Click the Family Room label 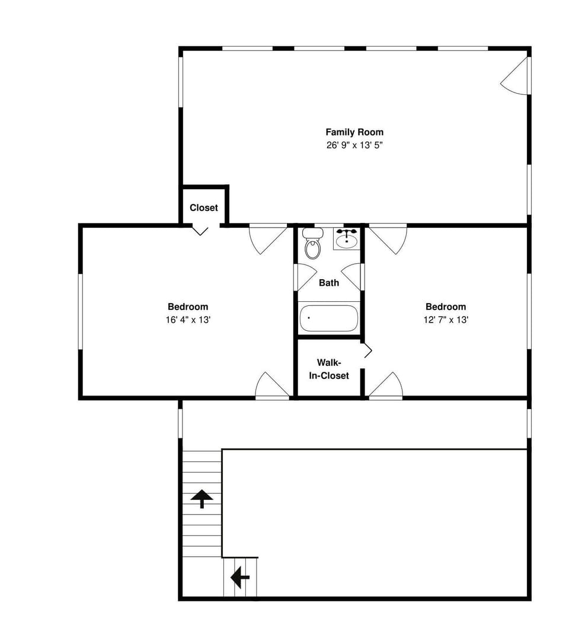coord(354,132)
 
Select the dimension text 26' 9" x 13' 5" coord(354,145)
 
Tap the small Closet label coord(204,208)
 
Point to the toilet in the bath coord(312,244)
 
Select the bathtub coord(329,318)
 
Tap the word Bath coord(329,283)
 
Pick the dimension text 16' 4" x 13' coord(188,320)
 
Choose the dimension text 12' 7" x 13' coord(446,320)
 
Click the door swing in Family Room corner coord(515,75)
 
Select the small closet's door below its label coord(200,229)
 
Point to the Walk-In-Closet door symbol coord(367,350)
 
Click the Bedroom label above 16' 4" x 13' coord(188,307)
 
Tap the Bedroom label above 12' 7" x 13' coord(446,307)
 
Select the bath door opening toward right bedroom coord(352,277)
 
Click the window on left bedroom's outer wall coord(80,311)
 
